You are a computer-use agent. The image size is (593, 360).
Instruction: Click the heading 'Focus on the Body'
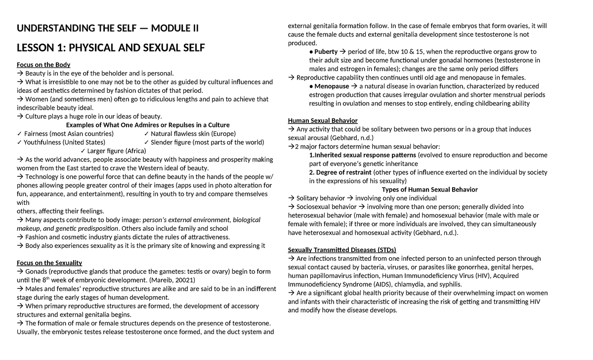(x=43, y=65)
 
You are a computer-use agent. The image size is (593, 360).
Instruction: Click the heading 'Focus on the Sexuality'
(x=49, y=263)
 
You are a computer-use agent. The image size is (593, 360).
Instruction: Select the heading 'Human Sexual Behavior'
(x=323, y=120)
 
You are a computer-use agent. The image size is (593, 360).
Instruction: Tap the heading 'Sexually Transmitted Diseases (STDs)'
(x=342, y=249)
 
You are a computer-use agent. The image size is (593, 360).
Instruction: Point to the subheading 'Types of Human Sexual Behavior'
(x=430, y=190)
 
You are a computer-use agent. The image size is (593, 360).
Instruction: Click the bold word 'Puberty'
(x=326, y=52)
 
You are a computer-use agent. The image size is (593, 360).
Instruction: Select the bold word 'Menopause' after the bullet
(x=332, y=86)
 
